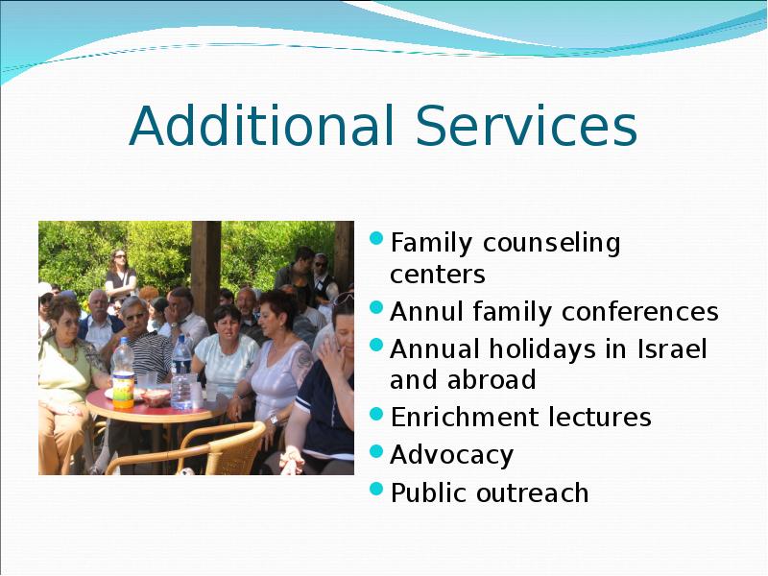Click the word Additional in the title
pos(261,125)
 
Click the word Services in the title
pos(526,126)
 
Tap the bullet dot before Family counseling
pos(376,238)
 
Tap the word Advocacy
pos(451,455)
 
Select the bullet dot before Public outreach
pos(376,489)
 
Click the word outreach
pos(533,492)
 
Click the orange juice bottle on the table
pos(123,373)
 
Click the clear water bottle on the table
pos(181,373)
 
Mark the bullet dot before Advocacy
pos(376,450)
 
